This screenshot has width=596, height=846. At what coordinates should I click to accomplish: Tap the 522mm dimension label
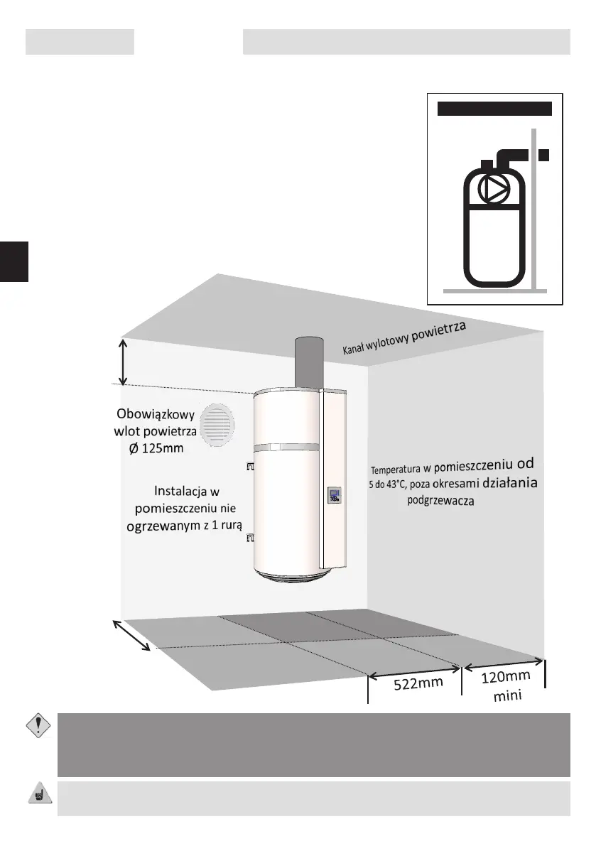pos(418,683)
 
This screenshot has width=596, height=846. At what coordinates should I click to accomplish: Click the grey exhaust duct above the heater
pos(308,362)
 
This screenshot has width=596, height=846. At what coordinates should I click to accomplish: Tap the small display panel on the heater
pos(335,494)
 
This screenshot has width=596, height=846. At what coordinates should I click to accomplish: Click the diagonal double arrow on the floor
pos(131,634)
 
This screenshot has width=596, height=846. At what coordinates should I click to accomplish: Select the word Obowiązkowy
pos(156,414)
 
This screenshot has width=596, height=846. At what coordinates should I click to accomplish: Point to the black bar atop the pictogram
pos(494,109)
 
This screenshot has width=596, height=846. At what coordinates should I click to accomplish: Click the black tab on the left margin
pos(14,261)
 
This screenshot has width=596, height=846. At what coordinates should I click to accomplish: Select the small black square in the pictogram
pos(544,155)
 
